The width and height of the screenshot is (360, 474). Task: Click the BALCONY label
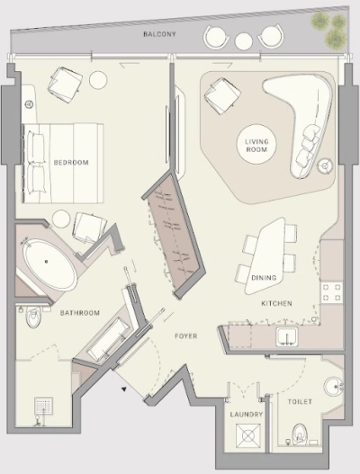click(x=159, y=34)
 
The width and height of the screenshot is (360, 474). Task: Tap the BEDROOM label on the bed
click(x=71, y=162)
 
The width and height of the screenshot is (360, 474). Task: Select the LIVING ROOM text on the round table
click(x=256, y=146)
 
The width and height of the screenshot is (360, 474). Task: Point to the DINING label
click(x=264, y=278)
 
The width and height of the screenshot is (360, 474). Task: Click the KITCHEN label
click(x=276, y=303)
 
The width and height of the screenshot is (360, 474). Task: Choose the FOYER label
click(x=186, y=335)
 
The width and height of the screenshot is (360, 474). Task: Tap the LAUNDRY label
click(x=246, y=414)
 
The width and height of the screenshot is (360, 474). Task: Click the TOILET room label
click(x=300, y=401)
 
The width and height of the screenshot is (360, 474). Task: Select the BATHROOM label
click(x=80, y=313)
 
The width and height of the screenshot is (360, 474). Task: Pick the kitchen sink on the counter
click(x=287, y=336)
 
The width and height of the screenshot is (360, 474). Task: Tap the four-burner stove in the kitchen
click(x=332, y=292)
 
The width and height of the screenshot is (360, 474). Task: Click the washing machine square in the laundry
click(x=248, y=435)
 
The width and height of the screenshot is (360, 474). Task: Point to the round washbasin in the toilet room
click(x=334, y=387)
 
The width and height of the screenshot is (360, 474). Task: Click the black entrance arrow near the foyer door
click(x=123, y=389)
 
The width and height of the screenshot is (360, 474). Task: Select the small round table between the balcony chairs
click(x=244, y=41)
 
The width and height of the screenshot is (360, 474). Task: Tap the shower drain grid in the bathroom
click(x=43, y=407)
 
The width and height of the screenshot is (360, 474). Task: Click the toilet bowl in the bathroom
click(x=33, y=317)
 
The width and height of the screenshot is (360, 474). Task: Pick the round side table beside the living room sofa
click(x=325, y=165)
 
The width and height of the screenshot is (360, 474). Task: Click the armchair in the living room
click(x=222, y=95)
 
